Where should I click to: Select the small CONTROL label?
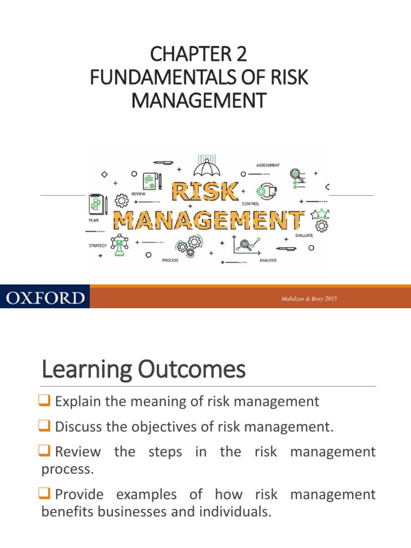250,204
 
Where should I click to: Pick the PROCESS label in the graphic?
170,261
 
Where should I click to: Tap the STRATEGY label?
98,246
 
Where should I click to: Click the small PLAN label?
93,220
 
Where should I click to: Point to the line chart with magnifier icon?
247,244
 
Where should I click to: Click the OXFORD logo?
45,297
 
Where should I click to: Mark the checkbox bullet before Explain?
47,401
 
